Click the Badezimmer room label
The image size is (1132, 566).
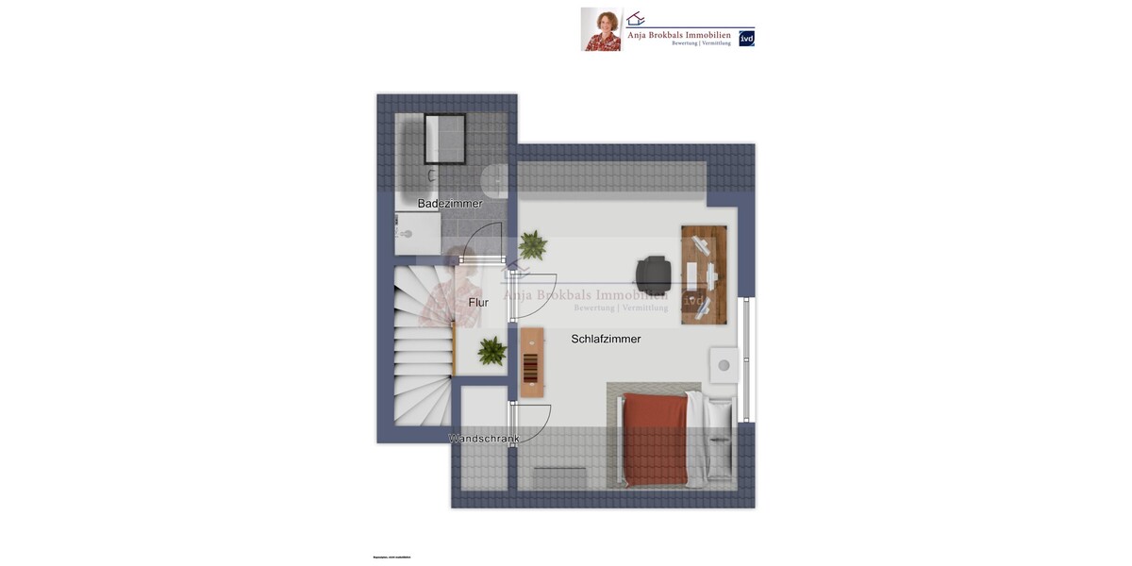pos(450,204)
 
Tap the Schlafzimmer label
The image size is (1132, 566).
pos(606,339)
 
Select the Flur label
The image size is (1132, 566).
pos(478,303)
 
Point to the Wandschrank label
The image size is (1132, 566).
pos(484,439)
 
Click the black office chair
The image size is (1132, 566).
pos(655,274)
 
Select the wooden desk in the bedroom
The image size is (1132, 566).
pos(704,275)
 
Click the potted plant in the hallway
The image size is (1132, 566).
pos(491,351)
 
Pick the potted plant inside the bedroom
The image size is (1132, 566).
pos(532,245)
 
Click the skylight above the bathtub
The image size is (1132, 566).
pos(445,140)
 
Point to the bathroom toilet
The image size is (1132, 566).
pos(495,179)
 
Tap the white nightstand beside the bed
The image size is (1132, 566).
pos(724,365)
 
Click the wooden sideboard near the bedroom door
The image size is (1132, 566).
pos(532,362)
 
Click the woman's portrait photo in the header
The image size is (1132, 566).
pos(601,29)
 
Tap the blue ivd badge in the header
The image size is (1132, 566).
pos(746,39)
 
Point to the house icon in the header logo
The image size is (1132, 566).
pos(636,18)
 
